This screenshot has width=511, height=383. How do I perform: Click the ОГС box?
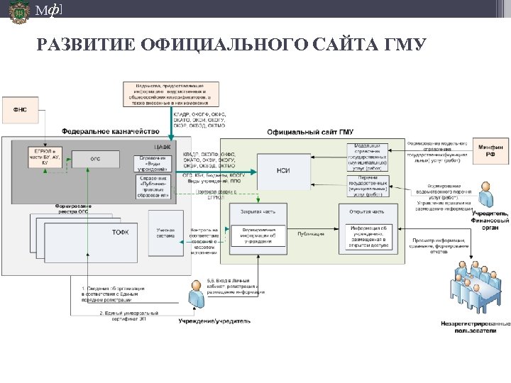coord(94,160)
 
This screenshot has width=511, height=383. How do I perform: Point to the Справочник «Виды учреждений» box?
coord(153,163)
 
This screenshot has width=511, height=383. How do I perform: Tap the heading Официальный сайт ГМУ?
coord(310,131)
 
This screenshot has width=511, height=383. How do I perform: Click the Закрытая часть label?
coord(253,211)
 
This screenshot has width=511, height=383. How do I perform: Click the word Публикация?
coord(310,233)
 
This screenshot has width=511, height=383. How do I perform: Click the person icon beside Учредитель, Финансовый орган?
coord(485,194)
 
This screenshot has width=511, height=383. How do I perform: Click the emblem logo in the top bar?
coord(19,12)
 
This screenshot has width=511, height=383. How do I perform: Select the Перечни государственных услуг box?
coord(368,188)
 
